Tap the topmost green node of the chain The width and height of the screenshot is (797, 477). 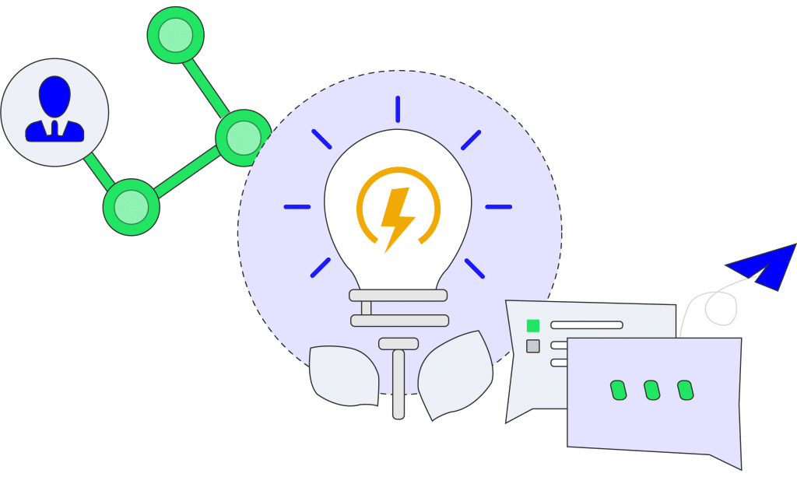pyautogui.click(x=175, y=35)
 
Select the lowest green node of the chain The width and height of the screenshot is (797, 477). pyautogui.click(x=131, y=207)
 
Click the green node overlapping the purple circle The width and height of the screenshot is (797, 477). pyautogui.click(x=244, y=138)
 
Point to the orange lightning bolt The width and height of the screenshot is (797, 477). pyautogui.click(x=397, y=218)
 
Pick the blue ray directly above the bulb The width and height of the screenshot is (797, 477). pyautogui.click(x=398, y=109)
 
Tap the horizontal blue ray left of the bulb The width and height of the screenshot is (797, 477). pyautogui.click(x=297, y=207)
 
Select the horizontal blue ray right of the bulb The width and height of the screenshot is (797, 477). pyautogui.click(x=499, y=207)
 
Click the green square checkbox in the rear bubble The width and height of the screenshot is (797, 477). pyautogui.click(x=533, y=325)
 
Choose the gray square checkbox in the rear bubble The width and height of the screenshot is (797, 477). pyautogui.click(x=533, y=345)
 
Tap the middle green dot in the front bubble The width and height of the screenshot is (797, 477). pyautogui.click(x=652, y=390)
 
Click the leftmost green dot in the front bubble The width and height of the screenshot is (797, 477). pyautogui.click(x=618, y=390)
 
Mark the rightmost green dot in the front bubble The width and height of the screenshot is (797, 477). pyautogui.click(x=685, y=390)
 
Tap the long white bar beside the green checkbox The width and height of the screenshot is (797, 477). pyautogui.click(x=587, y=324)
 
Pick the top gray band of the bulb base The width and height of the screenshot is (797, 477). pyautogui.click(x=398, y=296)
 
